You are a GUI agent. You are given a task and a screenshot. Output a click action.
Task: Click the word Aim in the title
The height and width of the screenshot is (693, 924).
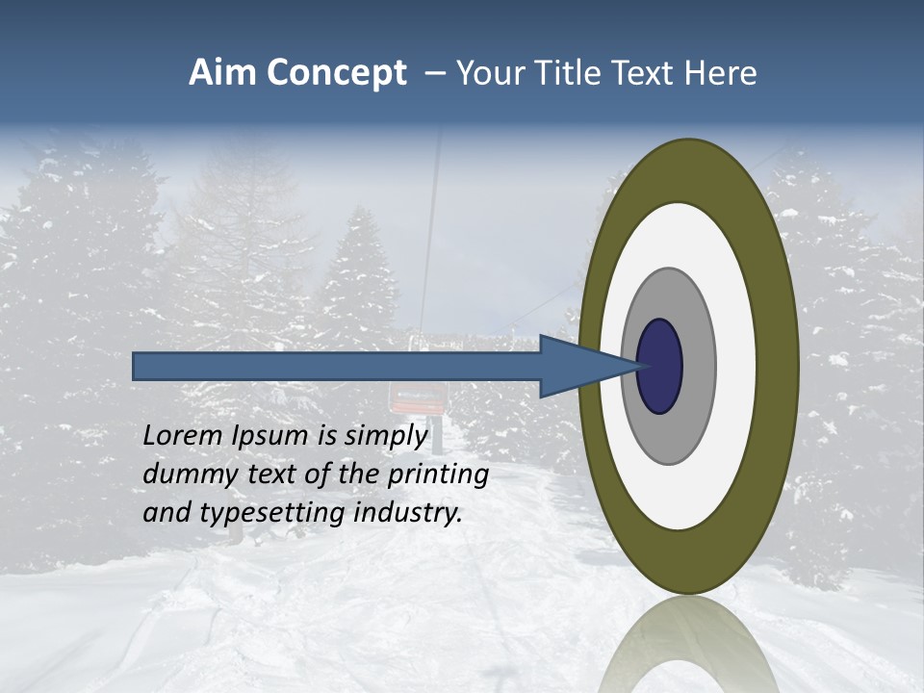pos(221,73)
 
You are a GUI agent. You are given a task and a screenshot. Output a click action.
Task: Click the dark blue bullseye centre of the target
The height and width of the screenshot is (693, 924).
pos(660,366)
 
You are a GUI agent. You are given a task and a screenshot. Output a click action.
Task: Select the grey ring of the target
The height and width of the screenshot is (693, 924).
pos(697,366)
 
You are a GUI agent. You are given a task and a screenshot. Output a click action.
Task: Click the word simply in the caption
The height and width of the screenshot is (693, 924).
pos(385,437)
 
